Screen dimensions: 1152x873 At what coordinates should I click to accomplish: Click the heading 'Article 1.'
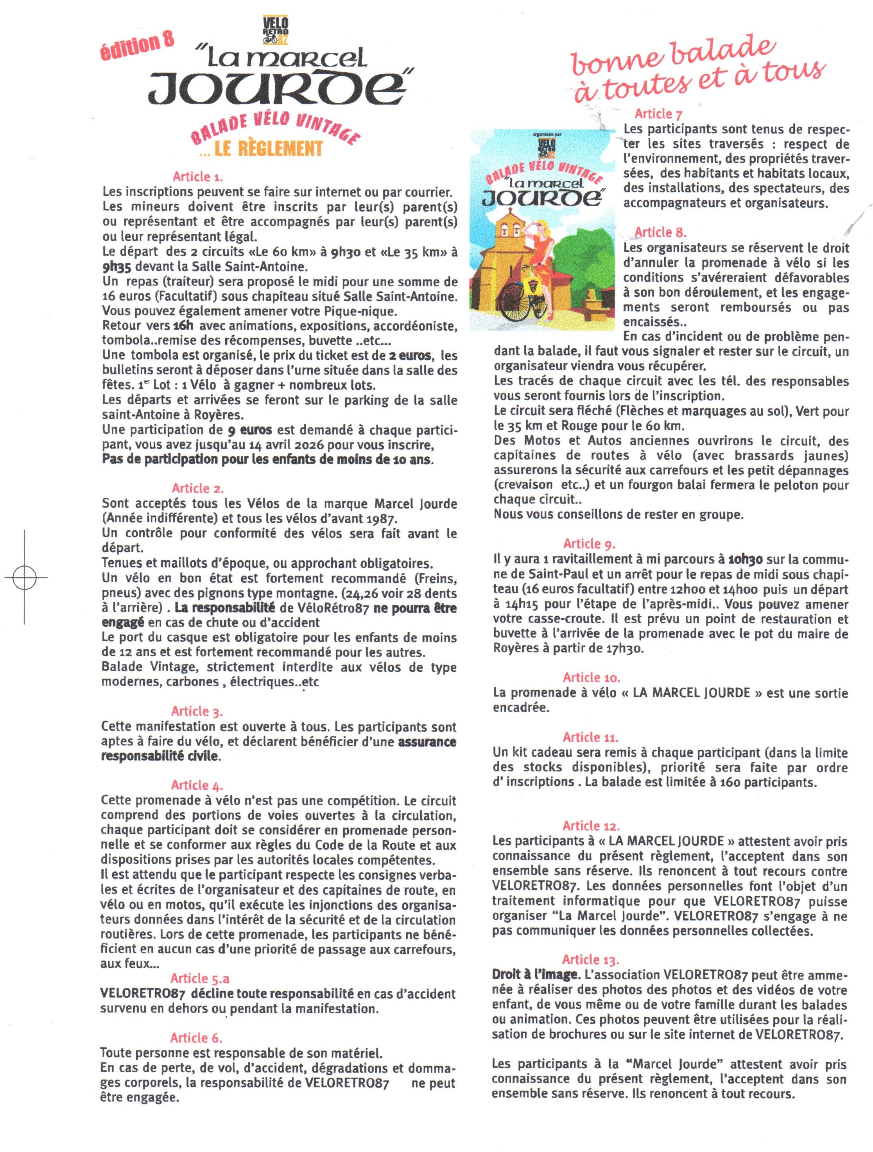tap(198, 176)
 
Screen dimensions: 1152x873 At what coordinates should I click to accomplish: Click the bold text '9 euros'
tap(250, 430)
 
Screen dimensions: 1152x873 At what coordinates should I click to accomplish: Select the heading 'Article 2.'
tap(198, 488)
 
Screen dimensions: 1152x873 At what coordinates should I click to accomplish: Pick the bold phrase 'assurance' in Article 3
tap(427, 742)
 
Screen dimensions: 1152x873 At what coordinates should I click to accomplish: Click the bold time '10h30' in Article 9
tap(746, 559)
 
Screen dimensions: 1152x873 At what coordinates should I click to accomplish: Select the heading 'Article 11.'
tap(590, 737)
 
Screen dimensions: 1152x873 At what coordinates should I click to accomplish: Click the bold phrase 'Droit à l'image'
tap(534, 974)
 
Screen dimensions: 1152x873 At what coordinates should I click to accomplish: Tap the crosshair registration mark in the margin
tap(25, 577)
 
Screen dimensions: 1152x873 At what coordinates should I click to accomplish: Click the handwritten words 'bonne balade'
tap(672, 56)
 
